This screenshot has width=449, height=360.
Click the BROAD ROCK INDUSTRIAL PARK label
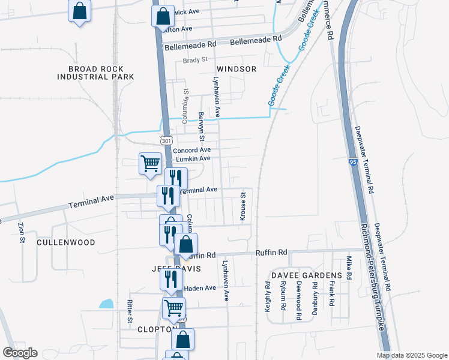point(95,73)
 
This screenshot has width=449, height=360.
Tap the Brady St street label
point(195,60)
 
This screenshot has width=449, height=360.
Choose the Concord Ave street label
point(192,149)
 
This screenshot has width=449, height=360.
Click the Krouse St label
point(243,207)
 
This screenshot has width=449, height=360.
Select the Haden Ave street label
point(199,288)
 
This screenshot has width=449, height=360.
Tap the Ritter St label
point(129,313)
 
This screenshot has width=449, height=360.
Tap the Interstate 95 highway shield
point(352,162)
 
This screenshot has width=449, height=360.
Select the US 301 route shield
point(166,140)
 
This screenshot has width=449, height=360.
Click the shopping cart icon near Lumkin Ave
point(149,162)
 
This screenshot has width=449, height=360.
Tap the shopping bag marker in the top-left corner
point(79,11)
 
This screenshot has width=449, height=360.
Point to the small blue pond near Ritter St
point(106,304)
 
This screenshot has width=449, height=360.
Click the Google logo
point(20,353)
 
